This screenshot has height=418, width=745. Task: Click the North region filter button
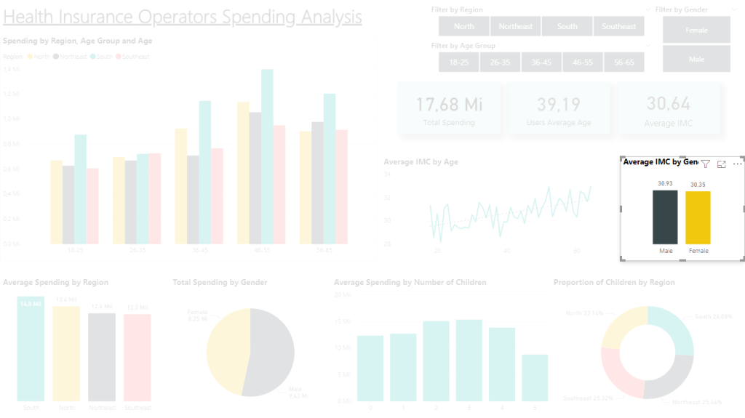pos(463,26)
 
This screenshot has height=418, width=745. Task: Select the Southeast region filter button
pos(618,26)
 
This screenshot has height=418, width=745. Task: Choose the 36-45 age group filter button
pos(541,63)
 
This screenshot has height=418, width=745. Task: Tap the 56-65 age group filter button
pos(624,63)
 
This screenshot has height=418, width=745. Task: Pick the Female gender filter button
pos(696,30)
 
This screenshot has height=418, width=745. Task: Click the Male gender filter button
pos(696,59)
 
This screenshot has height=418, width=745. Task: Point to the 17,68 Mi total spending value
pos(449,104)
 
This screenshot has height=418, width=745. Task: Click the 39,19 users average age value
pos(559,104)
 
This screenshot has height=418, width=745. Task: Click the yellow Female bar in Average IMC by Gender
pos(698,217)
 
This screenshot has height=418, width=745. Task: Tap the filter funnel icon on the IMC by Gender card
pos(705,164)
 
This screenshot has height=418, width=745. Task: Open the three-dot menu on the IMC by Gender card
pos(737,164)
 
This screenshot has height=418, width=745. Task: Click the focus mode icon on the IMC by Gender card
pos(722,164)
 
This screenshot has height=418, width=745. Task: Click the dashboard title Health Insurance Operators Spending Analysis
pos(183,16)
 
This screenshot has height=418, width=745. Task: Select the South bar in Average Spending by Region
pos(31,349)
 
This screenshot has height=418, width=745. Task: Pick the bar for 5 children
pos(535,377)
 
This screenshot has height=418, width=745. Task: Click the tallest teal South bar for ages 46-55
pos(267,156)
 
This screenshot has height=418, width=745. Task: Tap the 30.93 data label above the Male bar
pos(665,183)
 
